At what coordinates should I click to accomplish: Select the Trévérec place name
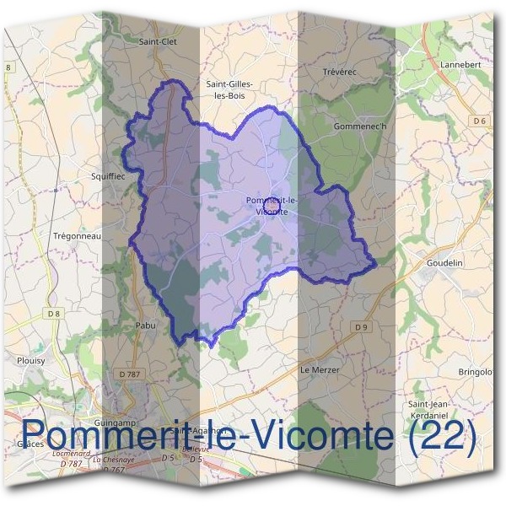click(x=340, y=73)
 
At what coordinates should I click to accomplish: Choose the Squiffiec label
click(x=107, y=176)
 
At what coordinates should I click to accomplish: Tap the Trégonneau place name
click(x=77, y=236)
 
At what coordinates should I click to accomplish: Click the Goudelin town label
click(x=445, y=263)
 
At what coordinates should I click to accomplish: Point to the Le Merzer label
click(x=318, y=370)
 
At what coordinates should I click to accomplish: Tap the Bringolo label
click(x=475, y=371)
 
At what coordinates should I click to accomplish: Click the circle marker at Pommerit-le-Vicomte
click(x=271, y=205)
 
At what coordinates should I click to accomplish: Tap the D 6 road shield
click(x=480, y=121)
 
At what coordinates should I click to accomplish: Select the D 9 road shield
click(x=361, y=326)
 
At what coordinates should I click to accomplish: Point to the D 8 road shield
click(x=55, y=314)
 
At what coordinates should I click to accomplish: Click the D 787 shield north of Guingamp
click(x=130, y=374)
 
